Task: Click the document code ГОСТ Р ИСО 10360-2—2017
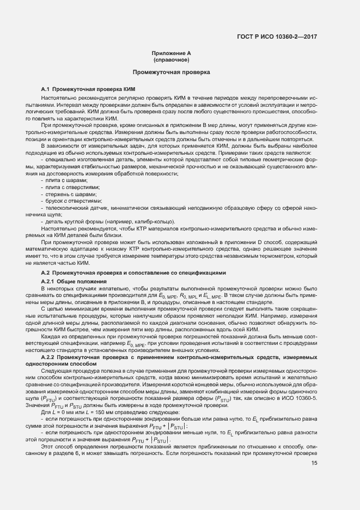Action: coord(277,37)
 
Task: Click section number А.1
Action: coord(46,89)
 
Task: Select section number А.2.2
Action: coord(48,356)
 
